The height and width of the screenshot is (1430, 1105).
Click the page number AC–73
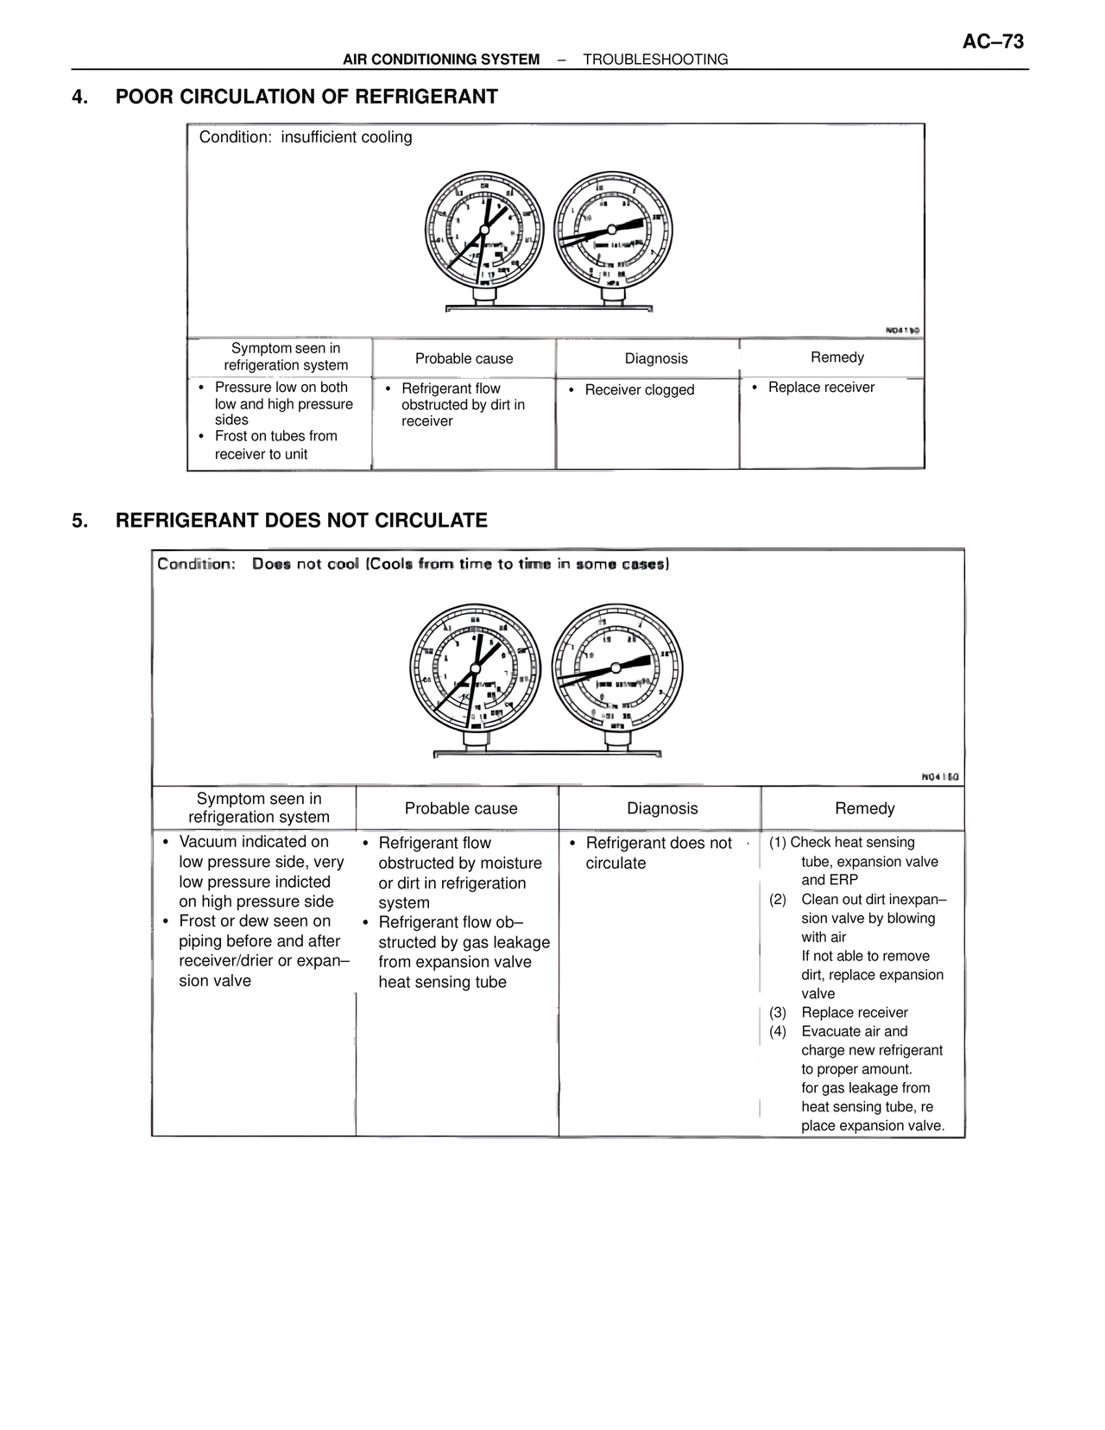tap(993, 41)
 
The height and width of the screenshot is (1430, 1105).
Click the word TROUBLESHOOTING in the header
tap(655, 60)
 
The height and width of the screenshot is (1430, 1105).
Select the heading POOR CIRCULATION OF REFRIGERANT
tap(306, 97)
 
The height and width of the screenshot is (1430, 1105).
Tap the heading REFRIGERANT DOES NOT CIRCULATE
tap(301, 521)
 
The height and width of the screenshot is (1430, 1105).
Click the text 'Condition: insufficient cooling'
tap(306, 137)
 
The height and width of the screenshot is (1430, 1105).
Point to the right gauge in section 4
tap(612, 229)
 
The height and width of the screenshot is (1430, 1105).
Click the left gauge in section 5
tap(474, 667)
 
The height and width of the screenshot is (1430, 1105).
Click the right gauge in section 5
tap(616, 667)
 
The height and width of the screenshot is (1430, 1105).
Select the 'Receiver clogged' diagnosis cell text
tap(639, 390)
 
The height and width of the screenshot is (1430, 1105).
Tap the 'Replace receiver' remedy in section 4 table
tap(821, 388)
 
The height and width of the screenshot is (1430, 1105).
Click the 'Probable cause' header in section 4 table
tap(464, 358)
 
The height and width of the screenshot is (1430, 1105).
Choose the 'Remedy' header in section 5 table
tap(864, 808)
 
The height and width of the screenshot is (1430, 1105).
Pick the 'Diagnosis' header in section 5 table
tap(662, 808)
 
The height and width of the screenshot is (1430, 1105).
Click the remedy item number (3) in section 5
tap(778, 1013)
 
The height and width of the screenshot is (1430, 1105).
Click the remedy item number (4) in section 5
tap(778, 1032)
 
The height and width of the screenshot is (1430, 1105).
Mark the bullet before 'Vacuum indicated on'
tap(166, 842)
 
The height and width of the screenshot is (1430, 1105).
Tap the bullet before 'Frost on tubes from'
tap(202, 437)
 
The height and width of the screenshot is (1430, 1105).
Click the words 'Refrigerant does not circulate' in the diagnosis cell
tap(658, 853)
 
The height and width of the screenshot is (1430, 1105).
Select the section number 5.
tap(79, 521)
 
